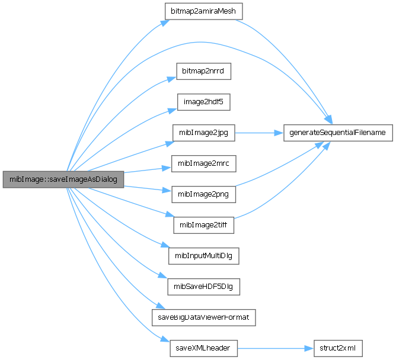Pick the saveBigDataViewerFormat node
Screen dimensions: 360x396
(203, 317)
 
